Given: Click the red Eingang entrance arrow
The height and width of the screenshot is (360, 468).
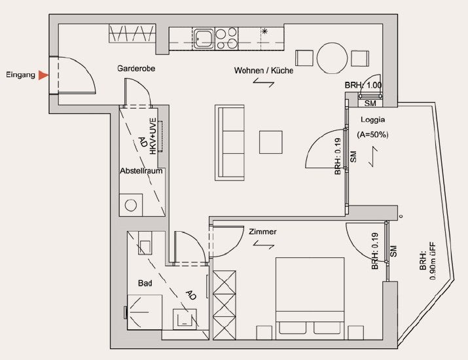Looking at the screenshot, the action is click(43, 75).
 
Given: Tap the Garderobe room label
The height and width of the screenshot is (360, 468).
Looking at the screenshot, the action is click(136, 69).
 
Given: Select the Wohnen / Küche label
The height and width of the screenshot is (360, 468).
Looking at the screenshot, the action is click(264, 71).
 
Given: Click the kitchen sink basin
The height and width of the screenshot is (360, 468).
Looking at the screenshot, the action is click(204, 38).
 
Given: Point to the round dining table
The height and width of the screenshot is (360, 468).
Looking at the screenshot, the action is click(333, 58).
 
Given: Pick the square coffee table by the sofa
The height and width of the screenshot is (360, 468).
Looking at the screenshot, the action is click(271, 142).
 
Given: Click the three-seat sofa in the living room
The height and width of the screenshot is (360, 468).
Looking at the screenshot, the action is click(230, 143).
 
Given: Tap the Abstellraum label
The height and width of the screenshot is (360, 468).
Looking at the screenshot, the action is click(141, 171).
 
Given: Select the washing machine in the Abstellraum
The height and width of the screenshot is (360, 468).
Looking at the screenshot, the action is click(131, 205).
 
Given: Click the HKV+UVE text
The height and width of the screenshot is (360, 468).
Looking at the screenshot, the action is click(153, 136).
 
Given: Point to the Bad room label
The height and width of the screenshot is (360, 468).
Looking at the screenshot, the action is click(145, 283).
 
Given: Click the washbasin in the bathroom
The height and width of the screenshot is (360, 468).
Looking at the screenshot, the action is click(185, 319).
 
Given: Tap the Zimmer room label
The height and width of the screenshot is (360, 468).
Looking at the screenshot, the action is click(262, 232).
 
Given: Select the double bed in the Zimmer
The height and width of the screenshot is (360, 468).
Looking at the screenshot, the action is click(310, 298).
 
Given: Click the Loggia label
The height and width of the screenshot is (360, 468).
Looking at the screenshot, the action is click(373, 120).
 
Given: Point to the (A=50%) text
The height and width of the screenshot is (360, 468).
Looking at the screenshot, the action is click(373, 135).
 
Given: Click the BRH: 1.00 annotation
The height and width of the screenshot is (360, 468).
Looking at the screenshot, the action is click(363, 85).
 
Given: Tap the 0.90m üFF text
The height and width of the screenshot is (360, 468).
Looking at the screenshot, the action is click(433, 261).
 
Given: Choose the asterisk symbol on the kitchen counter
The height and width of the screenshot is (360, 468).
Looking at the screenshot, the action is click(264, 31).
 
